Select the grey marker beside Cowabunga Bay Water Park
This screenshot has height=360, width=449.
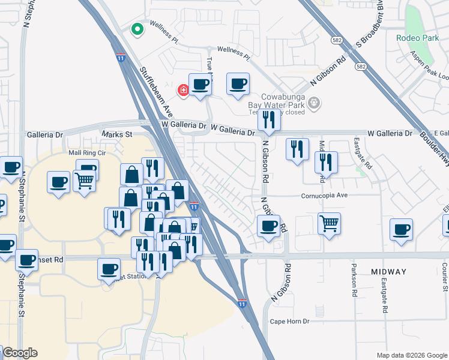pyautogui.click(x=313, y=104)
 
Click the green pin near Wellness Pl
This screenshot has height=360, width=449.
pyautogui.click(x=137, y=29)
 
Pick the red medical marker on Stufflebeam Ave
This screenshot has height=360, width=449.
pyautogui.click(x=184, y=90)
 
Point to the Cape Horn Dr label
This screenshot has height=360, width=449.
pyautogui.click(x=289, y=321)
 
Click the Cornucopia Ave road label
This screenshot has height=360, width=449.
pyautogui.click(x=325, y=196)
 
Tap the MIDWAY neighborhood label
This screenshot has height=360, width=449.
pyautogui.click(x=388, y=272)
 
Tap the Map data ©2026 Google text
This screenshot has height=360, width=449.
pyautogui.click(x=411, y=355)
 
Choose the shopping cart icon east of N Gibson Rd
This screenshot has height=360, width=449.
pyautogui.click(x=329, y=224)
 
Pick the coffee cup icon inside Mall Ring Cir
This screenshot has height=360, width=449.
pyautogui.click(x=59, y=182)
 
